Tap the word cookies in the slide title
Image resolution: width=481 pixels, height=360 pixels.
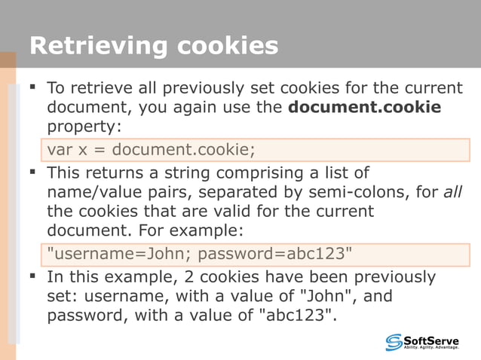[x=228, y=47]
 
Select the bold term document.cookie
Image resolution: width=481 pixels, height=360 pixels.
[x=364, y=107]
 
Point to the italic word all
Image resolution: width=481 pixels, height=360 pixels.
[x=452, y=192]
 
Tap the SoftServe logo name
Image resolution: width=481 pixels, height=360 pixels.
[x=431, y=340]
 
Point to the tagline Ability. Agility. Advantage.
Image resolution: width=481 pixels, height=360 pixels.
[x=431, y=349]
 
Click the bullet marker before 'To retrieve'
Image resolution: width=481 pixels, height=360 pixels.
[x=32, y=88]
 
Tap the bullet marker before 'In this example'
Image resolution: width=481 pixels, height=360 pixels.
[x=32, y=276]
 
